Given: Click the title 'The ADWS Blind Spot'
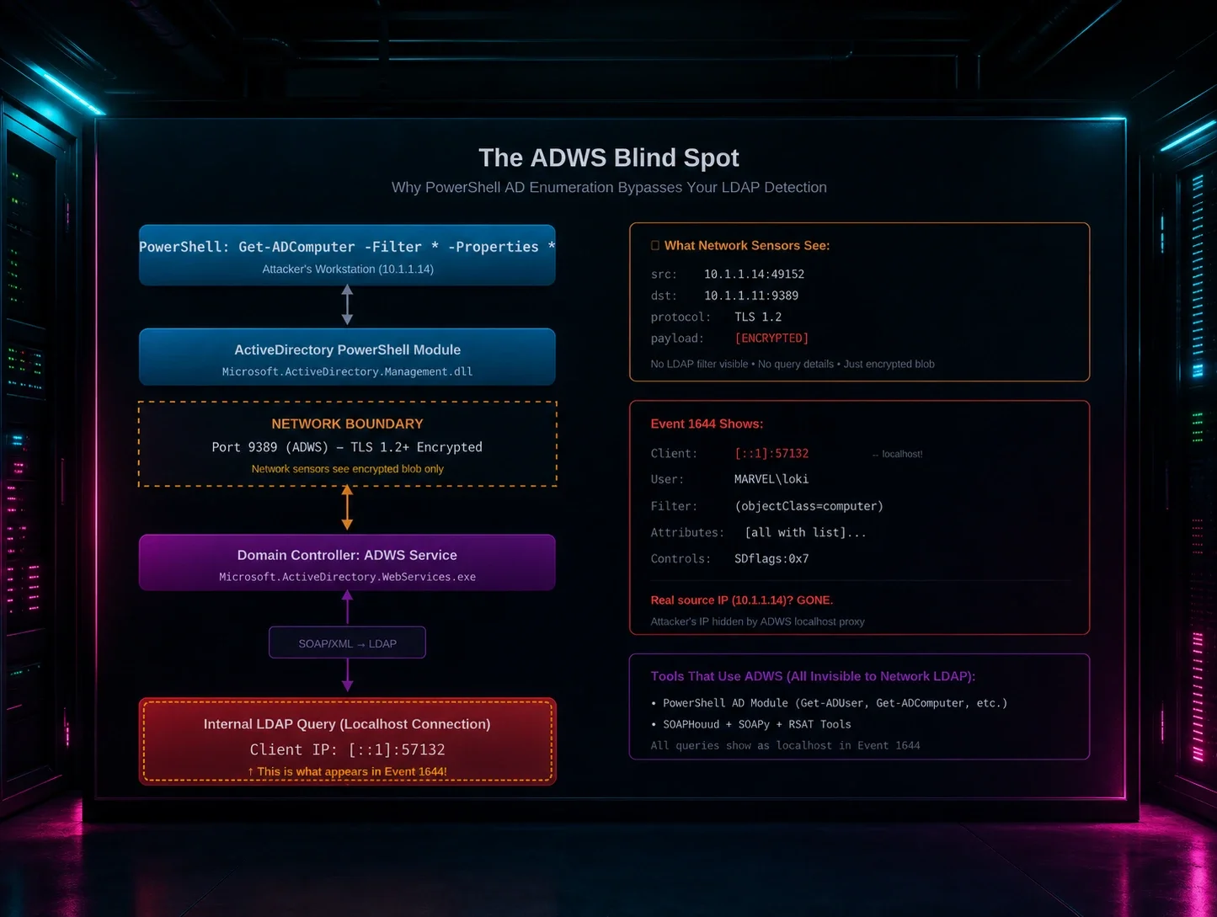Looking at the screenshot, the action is [x=608, y=158].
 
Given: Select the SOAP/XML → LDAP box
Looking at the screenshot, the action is [x=347, y=642].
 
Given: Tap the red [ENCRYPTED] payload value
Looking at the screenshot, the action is [x=771, y=338].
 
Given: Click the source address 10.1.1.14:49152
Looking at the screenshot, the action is [x=754, y=275].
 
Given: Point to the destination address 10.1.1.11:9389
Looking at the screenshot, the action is [x=750, y=296].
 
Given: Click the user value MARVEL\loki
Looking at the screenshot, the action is [x=771, y=479].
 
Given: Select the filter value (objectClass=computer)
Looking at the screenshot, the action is [x=809, y=506].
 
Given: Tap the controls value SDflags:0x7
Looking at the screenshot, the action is [x=771, y=558].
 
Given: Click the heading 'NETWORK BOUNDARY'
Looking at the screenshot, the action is [x=347, y=424].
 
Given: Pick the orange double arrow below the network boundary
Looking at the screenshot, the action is [x=347, y=508].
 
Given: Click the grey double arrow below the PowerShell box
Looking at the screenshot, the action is [x=347, y=304].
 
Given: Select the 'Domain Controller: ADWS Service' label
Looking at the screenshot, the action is [x=347, y=555].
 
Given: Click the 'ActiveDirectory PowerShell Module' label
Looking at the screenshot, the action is [x=347, y=349].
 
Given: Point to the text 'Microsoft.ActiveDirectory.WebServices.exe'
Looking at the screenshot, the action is [x=347, y=577].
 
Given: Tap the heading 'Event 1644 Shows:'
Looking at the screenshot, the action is [x=707, y=424].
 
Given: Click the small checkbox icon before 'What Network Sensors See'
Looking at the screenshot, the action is [x=654, y=245].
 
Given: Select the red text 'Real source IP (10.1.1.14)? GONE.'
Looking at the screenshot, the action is [x=741, y=600].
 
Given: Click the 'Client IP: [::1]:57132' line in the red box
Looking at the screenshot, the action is [x=347, y=749].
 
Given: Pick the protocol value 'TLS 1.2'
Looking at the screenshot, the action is [x=758, y=317].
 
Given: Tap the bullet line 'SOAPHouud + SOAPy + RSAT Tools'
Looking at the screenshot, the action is [x=751, y=724].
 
